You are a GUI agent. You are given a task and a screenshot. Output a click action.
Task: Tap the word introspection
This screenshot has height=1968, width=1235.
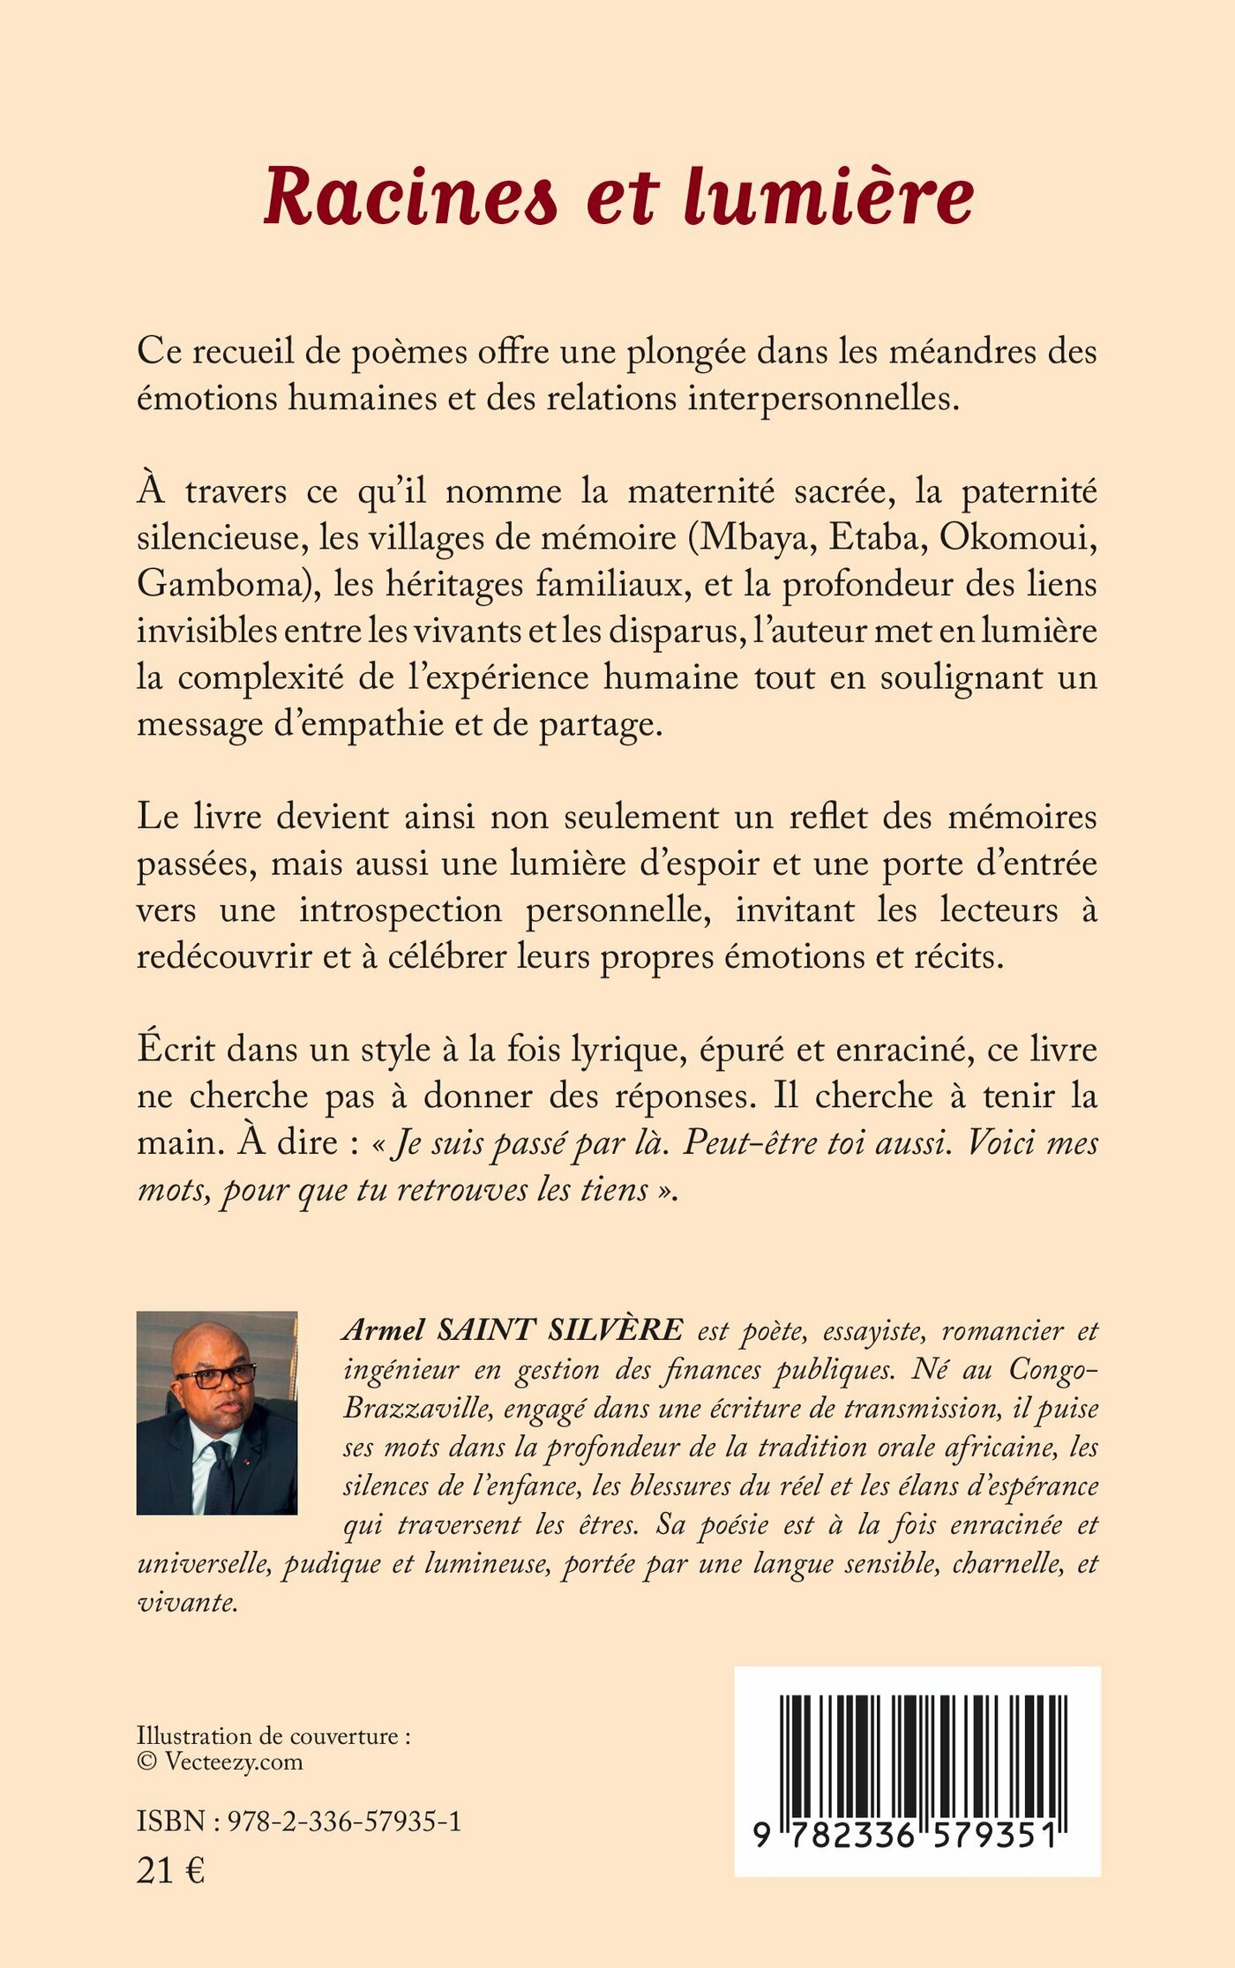[x=400, y=909]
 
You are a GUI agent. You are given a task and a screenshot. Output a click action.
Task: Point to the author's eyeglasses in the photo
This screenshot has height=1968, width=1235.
[x=215, y=1377]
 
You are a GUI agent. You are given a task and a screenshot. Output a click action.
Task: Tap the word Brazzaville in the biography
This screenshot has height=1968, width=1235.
[x=418, y=1407]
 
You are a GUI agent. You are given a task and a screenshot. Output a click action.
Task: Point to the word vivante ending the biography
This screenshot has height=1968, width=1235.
[x=187, y=1602]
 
